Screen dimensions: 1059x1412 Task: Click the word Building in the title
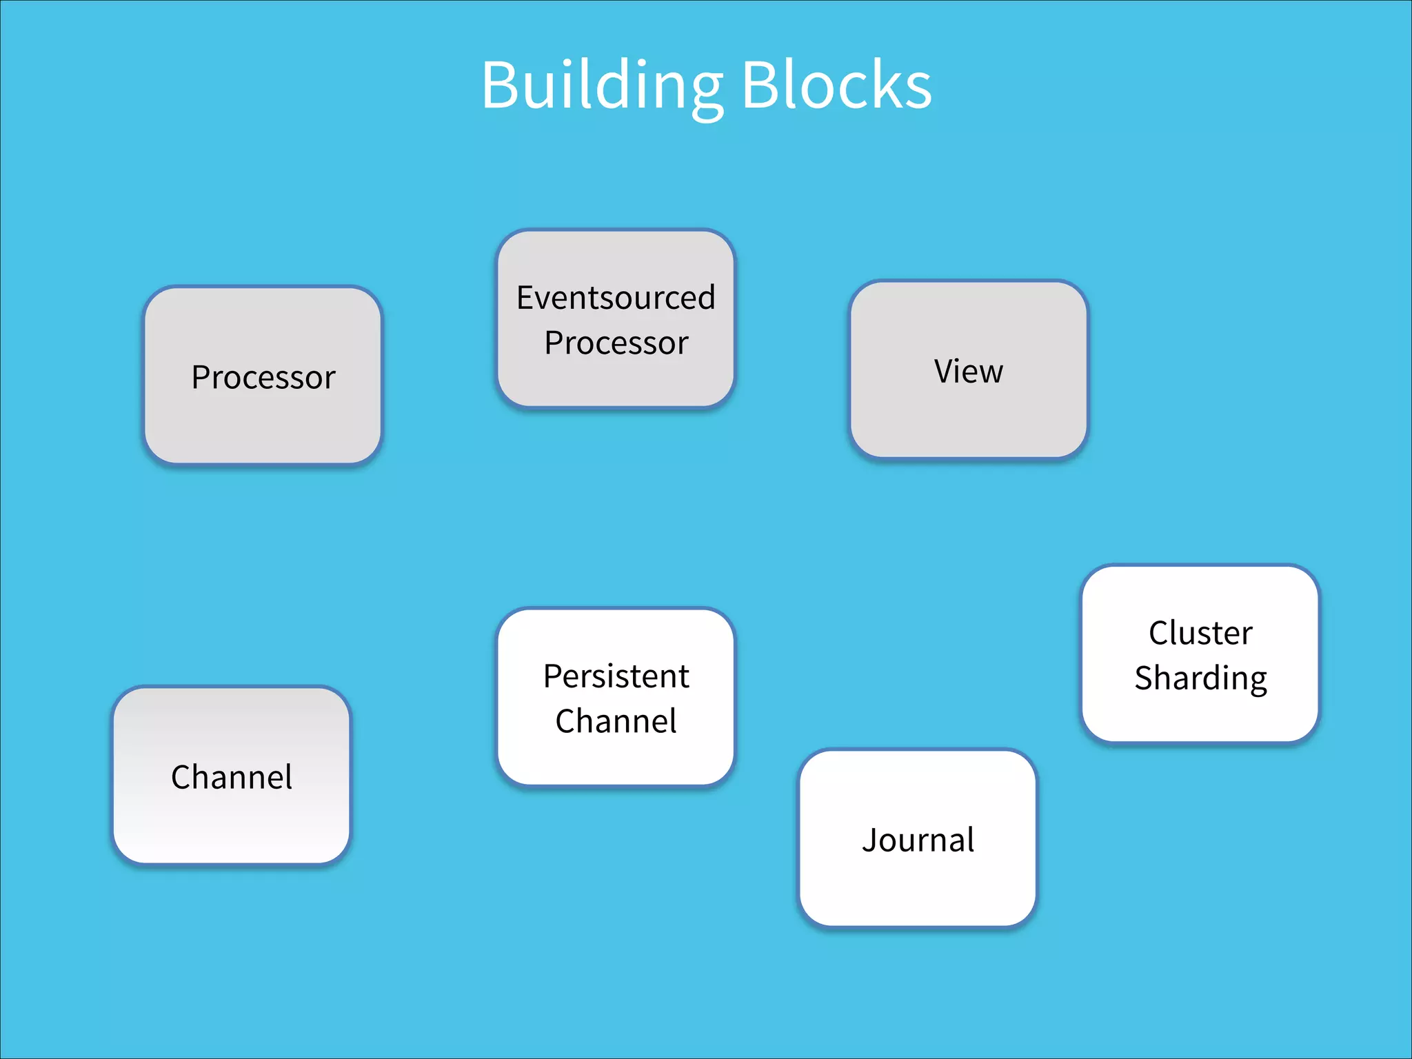pos(601,85)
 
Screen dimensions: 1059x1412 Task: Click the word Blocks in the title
pos(836,85)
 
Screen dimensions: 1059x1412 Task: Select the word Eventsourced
pos(616,298)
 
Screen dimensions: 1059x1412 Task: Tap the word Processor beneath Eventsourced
pos(616,343)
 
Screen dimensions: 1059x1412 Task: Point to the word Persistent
pos(616,676)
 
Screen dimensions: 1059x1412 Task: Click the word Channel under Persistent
pos(616,721)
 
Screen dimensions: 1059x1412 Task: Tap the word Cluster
pos(1200,633)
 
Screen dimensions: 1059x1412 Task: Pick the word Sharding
pos(1200,678)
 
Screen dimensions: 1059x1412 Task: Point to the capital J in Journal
pos(870,840)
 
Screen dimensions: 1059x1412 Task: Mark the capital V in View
pos(945,371)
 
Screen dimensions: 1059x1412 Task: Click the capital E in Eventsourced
pos(525,298)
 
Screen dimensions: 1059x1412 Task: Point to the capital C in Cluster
pos(1160,633)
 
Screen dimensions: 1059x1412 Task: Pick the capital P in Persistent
pos(553,676)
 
